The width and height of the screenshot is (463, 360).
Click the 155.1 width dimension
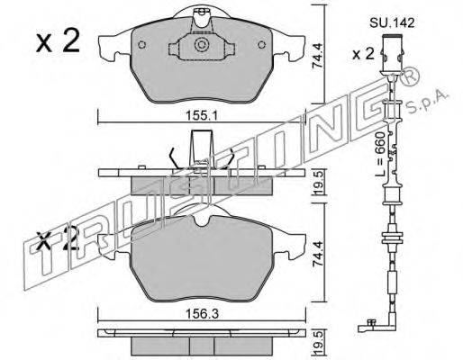click(201, 115)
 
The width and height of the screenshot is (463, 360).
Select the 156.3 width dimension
click(201, 314)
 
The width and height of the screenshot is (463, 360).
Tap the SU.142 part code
click(392, 23)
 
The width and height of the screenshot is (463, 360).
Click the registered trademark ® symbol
click(411, 76)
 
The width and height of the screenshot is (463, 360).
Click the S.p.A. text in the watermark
click(427, 103)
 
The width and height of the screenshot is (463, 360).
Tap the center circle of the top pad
click(201, 45)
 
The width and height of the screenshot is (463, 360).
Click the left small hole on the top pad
click(142, 45)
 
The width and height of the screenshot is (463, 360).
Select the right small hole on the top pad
click(262, 45)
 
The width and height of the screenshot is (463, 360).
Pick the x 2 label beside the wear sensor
click(363, 54)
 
